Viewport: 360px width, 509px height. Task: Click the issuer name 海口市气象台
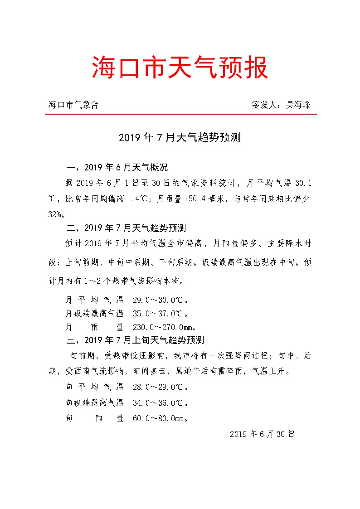[x=73, y=105]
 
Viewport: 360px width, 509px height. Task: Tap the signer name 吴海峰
[x=298, y=105]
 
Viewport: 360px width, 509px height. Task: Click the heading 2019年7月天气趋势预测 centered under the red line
[x=180, y=137]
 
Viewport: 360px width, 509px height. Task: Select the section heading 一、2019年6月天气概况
[x=117, y=168]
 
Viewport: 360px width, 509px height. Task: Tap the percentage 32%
[x=57, y=214]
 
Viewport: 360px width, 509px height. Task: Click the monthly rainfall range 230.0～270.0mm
[x=164, y=327]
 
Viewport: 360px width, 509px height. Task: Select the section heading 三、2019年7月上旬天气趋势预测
[x=135, y=340]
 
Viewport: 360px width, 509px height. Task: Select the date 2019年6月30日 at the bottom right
[x=262, y=434]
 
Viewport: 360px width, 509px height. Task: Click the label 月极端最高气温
[x=94, y=313]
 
